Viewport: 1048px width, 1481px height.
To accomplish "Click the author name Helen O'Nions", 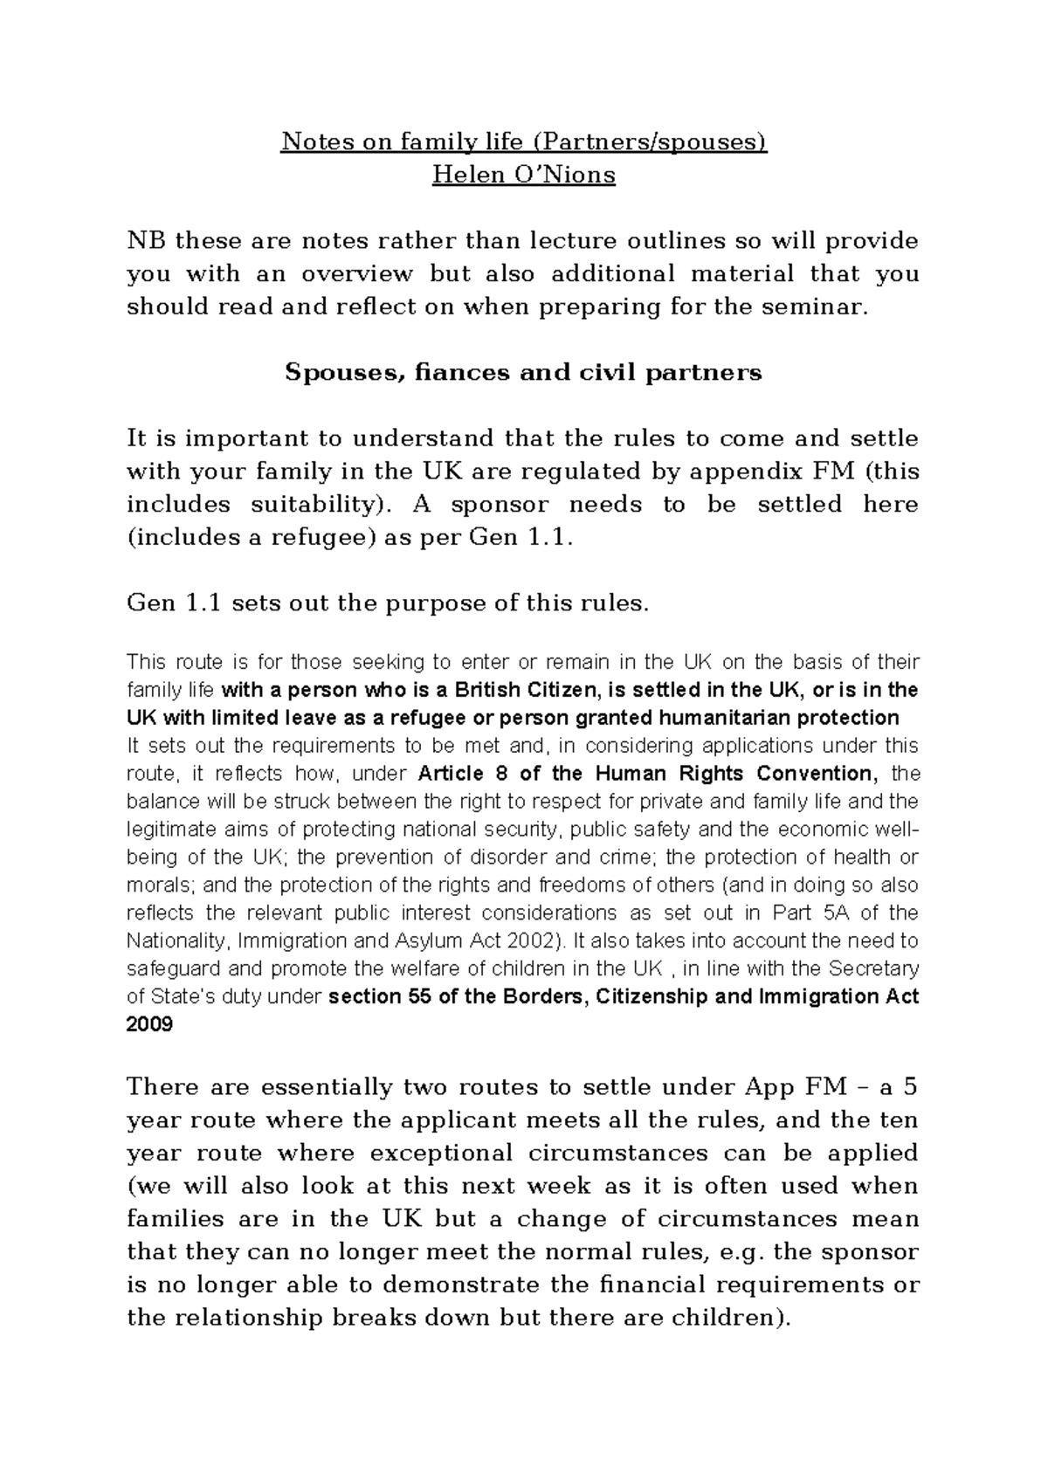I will (x=524, y=175).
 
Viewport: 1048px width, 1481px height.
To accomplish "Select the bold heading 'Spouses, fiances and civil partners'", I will (x=524, y=373).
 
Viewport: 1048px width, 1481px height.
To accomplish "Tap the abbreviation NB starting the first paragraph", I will (x=145, y=240).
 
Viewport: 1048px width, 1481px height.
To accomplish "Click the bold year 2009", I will (x=150, y=1024).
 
